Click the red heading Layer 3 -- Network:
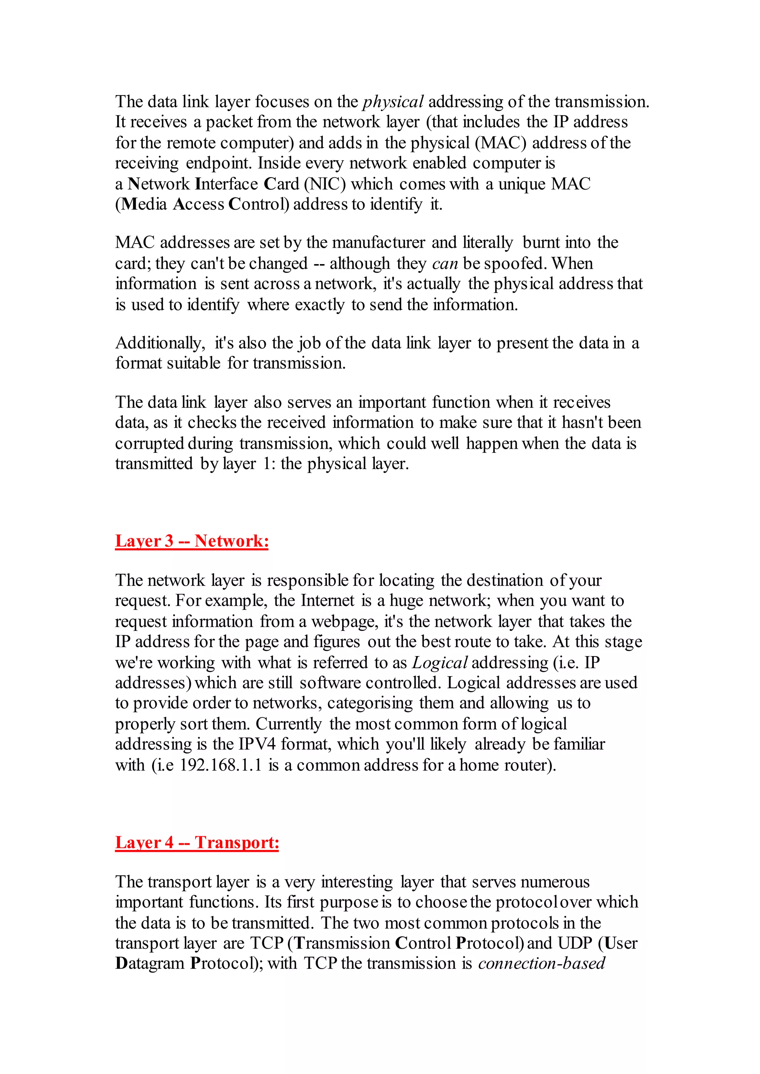(192, 541)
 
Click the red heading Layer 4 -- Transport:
(197, 843)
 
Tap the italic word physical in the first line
(393, 102)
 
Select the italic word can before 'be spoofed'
(445, 263)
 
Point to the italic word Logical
(439, 662)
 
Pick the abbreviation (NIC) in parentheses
(325, 184)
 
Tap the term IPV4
(257, 744)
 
